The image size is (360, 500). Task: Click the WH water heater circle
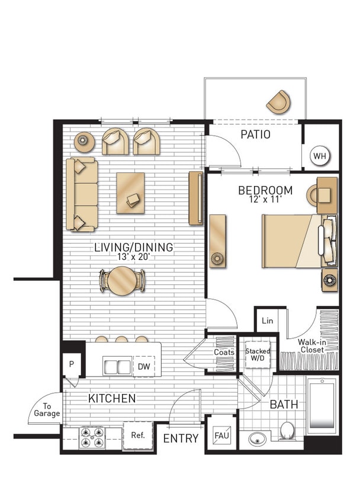[320, 156]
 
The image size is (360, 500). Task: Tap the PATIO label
[255, 134]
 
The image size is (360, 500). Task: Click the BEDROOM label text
[265, 190]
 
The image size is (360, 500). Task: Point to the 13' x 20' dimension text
[133, 257]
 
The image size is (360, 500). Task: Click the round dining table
[123, 280]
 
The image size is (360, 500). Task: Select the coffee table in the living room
[130, 192]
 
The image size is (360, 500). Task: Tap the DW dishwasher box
[144, 367]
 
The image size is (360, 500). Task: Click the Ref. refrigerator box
[138, 435]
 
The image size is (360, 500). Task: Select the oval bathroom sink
[257, 440]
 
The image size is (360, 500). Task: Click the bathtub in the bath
[322, 405]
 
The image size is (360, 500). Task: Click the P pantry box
[72, 363]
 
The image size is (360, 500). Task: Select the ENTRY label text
[181, 438]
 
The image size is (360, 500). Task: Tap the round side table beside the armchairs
[84, 141]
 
